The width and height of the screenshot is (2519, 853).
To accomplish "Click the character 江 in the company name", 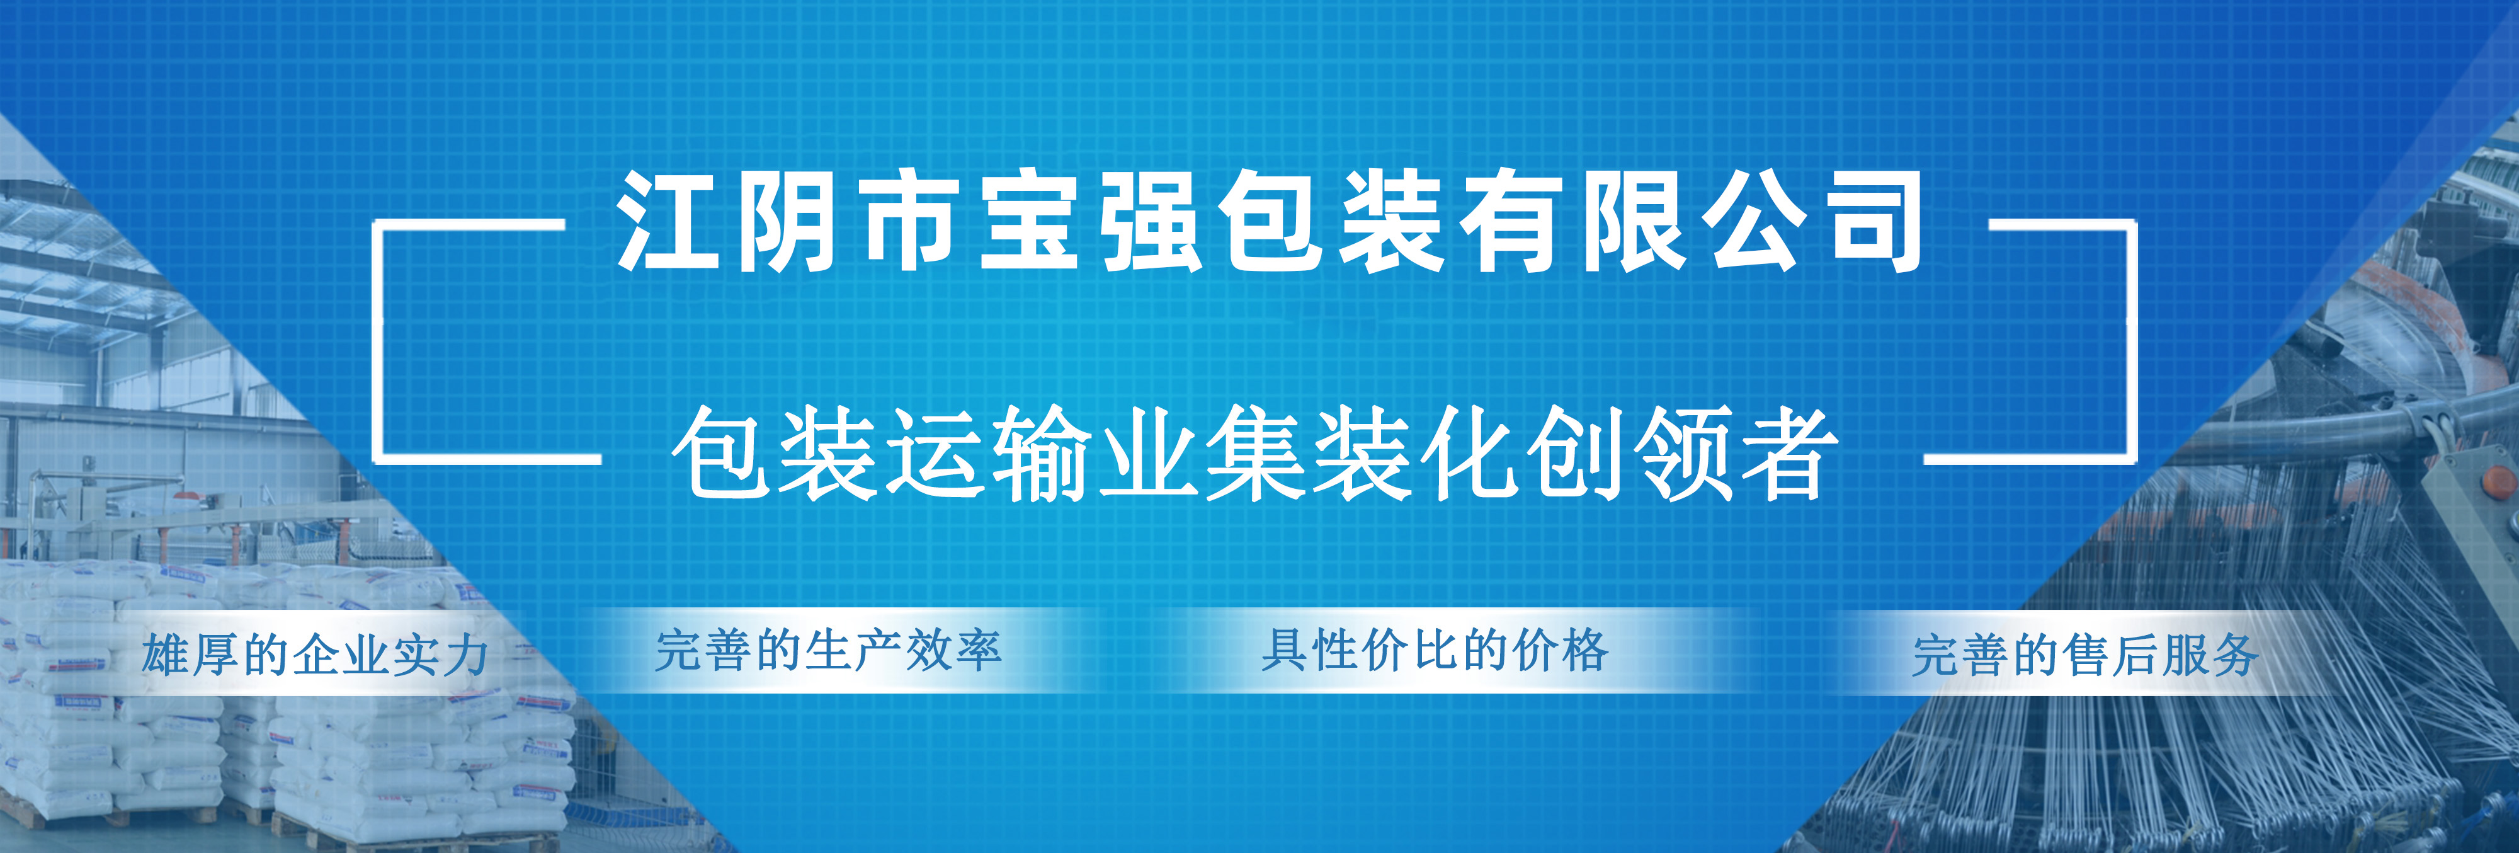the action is click(668, 221).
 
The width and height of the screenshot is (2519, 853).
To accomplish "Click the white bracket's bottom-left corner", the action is click(375, 457).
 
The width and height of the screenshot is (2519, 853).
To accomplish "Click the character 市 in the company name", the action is click(909, 221).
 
